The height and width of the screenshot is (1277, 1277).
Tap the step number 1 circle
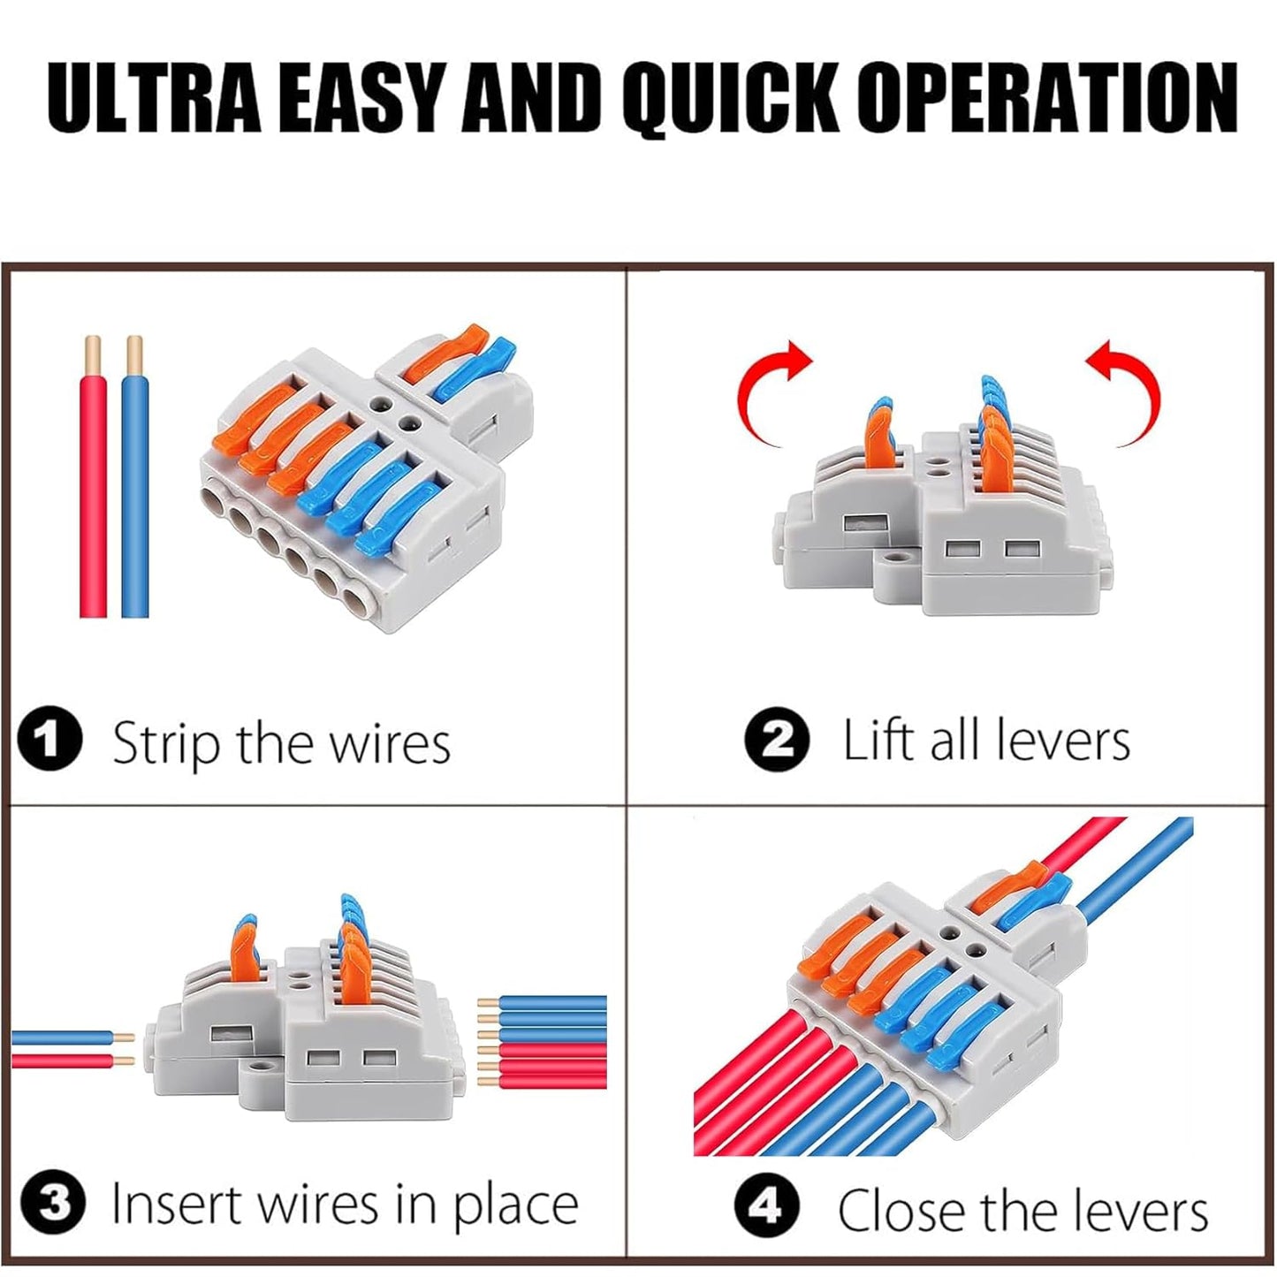[x=49, y=741]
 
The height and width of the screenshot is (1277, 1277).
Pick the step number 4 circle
[x=766, y=1205]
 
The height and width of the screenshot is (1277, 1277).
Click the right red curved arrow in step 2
[x=1127, y=389]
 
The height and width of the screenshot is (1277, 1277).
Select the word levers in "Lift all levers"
[x=1061, y=741]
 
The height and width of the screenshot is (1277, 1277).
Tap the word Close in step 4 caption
[x=893, y=1209]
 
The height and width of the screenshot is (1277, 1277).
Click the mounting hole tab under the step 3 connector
[x=258, y=1074]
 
